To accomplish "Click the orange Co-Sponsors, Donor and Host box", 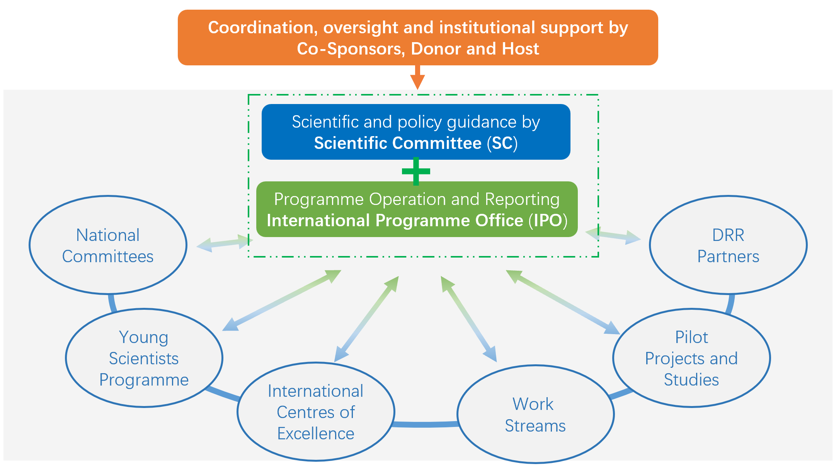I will pos(417,38).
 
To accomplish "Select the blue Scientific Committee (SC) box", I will pos(416,131).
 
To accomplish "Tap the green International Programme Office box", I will pos(417,209).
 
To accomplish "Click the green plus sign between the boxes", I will pos(416,171).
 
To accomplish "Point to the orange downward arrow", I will pos(417,77).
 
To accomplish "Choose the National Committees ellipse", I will pos(108,245).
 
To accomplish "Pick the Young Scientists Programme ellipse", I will pos(144,358).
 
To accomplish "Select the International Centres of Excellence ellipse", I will pos(315,412).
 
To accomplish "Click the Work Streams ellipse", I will pos(535,414).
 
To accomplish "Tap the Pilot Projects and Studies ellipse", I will pos(691,358).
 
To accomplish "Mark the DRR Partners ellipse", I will pos(728,245).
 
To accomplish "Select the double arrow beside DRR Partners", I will pos(613,236).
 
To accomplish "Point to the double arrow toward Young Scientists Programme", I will pos(282,300).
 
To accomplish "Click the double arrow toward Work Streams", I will pos(468,319).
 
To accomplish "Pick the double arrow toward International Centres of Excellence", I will pos(366,319).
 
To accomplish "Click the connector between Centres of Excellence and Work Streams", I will pos(425,424).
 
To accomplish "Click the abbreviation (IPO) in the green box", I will pos(548,220).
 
